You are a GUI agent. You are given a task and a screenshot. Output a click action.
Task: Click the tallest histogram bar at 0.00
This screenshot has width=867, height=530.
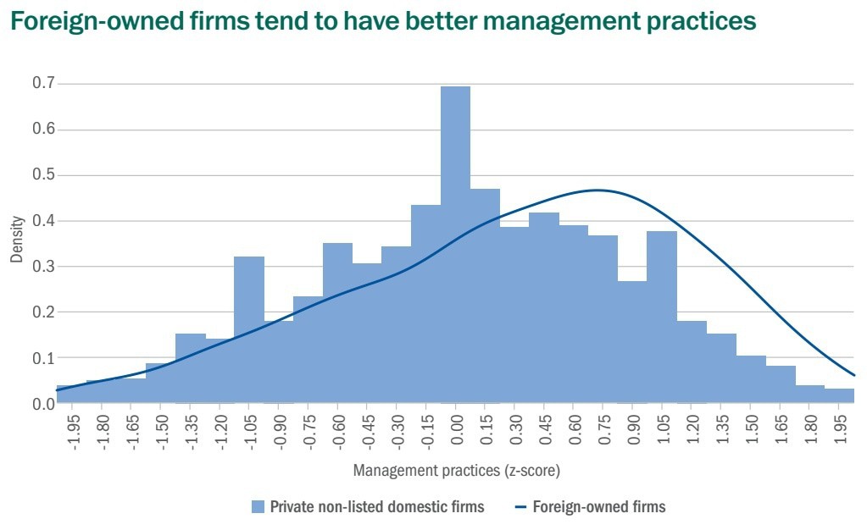click(455, 246)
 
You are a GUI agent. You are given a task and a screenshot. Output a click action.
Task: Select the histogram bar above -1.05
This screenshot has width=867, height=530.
click(249, 330)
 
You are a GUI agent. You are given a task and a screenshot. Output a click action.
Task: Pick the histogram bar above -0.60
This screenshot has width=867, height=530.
click(337, 339)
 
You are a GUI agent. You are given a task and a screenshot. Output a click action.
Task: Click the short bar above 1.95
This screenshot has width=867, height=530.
click(839, 395)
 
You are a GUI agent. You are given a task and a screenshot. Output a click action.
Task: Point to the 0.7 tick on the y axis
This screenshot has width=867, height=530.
click(43, 84)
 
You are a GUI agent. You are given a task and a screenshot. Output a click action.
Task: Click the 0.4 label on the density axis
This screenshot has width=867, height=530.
click(43, 221)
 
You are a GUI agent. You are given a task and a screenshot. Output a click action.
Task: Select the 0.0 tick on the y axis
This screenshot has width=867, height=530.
click(43, 404)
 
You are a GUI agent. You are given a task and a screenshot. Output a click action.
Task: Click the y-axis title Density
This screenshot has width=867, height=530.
click(17, 243)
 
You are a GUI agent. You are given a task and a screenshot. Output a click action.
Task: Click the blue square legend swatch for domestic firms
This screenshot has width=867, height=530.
click(258, 507)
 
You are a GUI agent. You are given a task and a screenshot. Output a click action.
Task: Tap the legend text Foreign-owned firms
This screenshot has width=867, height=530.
click(599, 507)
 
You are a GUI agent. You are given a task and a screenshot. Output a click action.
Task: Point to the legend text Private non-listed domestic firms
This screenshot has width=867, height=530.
click(377, 507)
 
